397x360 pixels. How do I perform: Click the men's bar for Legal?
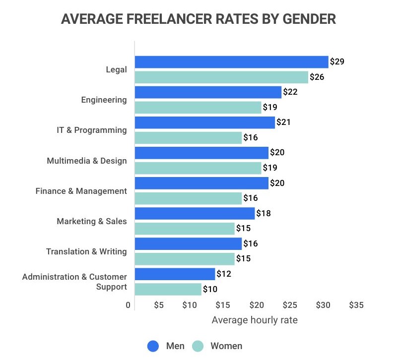pyautogui.click(x=231, y=62)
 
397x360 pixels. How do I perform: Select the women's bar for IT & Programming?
pyautogui.click(x=188, y=138)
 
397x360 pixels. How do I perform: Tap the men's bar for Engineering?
pyautogui.click(x=208, y=92)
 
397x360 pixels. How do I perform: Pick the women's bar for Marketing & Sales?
pyautogui.click(x=185, y=229)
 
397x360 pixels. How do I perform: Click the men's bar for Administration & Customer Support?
pyautogui.click(x=175, y=274)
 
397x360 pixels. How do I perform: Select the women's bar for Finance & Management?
pyautogui.click(x=188, y=198)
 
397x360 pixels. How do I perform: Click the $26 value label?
pyautogui.click(x=317, y=77)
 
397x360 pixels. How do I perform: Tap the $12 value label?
pyautogui.click(x=224, y=274)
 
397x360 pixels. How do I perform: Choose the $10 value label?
pyautogui.click(x=210, y=289)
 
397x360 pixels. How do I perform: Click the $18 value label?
pyautogui.click(x=264, y=213)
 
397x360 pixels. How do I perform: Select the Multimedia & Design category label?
pyautogui.click(x=87, y=161)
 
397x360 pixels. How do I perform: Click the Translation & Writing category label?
pyautogui.click(x=86, y=251)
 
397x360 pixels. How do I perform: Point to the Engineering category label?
pyautogui.click(x=104, y=100)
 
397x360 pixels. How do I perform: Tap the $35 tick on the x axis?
pyautogui.click(x=356, y=305)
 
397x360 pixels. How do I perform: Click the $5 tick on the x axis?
pyautogui.click(x=159, y=305)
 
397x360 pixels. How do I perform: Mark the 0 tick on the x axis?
pyautogui.click(x=128, y=305)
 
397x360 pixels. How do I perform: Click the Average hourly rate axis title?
pyautogui.click(x=255, y=320)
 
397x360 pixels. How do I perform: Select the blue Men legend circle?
pyautogui.click(x=153, y=346)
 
